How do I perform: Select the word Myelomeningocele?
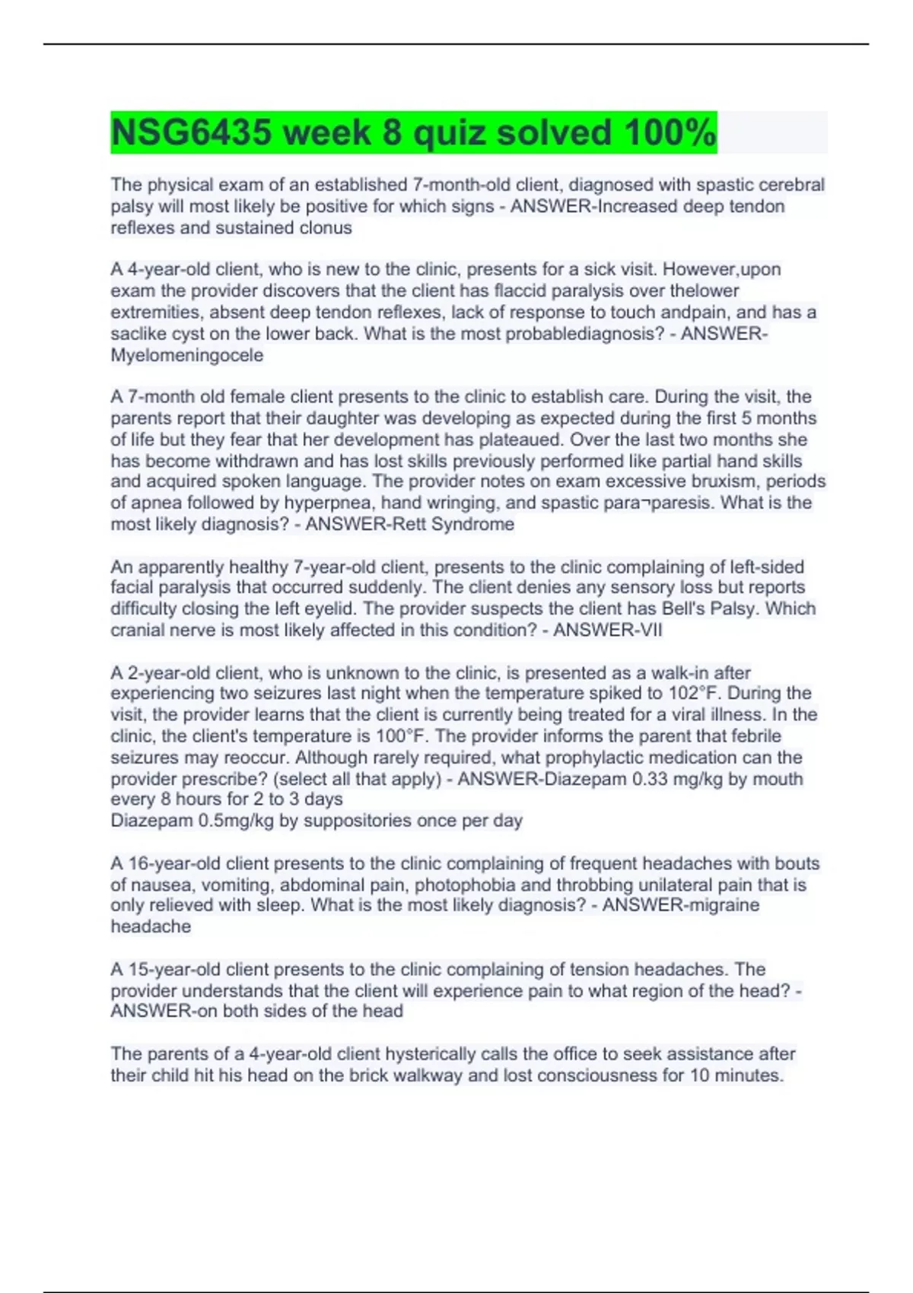pyautogui.click(x=187, y=355)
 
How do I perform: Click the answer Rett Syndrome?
pyautogui.click(x=472, y=524)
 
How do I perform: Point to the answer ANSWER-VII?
pyautogui.click(x=608, y=631)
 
